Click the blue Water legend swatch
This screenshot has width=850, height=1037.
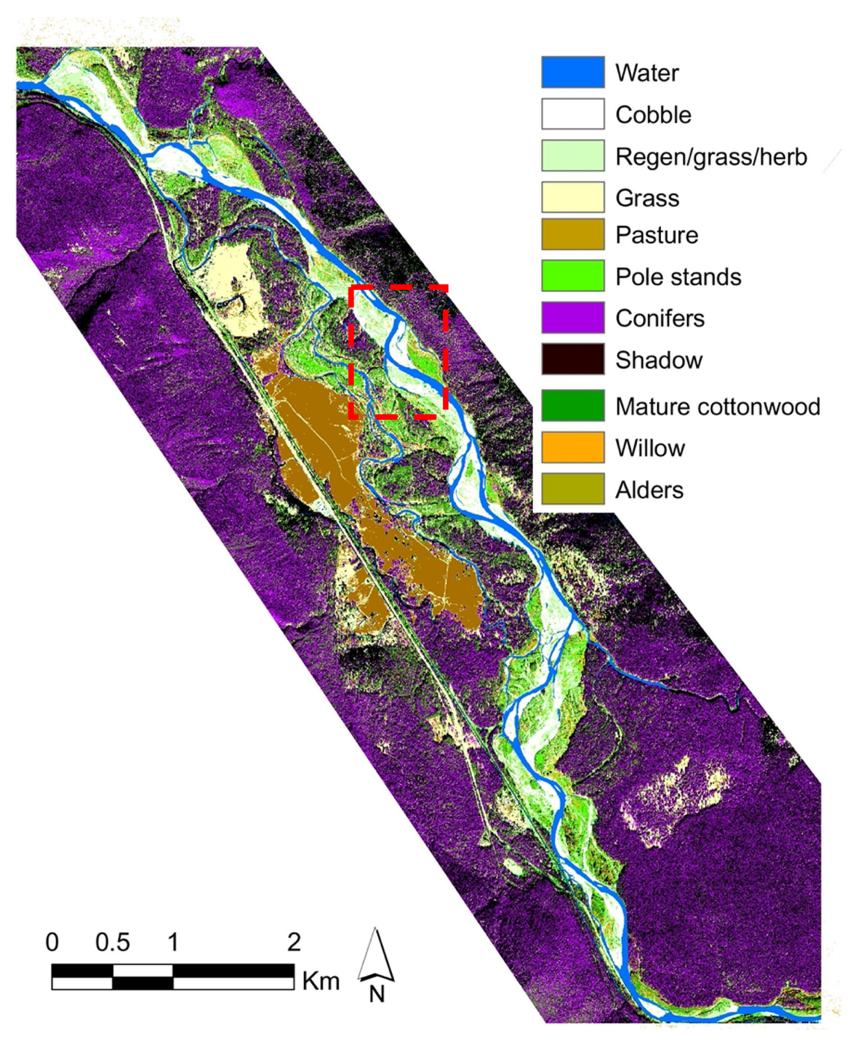pyautogui.click(x=572, y=72)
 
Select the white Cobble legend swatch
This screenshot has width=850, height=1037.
pyautogui.click(x=572, y=114)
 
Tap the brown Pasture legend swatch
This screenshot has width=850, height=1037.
pyautogui.click(x=572, y=235)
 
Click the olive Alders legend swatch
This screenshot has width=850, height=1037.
pyautogui.click(x=572, y=489)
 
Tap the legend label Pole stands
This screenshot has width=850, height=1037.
pyautogui.click(x=678, y=277)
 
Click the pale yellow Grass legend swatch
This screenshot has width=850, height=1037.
pyautogui.click(x=572, y=197)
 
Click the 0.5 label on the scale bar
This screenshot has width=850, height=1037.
pyautogui.click(x=113, y=942)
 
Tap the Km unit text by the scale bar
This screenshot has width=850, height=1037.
pyautogui.click(x=321, y=981)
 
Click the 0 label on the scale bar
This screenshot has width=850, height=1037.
pyautogui.click(x=52, y=942)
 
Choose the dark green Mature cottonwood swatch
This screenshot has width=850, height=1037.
pyautogui.click(x=572, y=406)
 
